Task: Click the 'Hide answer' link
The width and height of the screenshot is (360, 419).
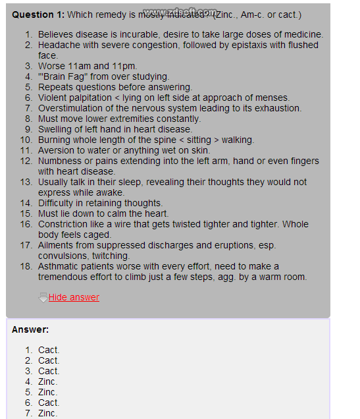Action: point(74,297)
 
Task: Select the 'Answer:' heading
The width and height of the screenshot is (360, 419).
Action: point(30,329)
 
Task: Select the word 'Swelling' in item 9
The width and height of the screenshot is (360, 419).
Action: point(57,129)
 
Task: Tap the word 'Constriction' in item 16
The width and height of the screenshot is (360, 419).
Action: point(64,224)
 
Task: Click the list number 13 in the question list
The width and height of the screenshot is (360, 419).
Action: point(26,182)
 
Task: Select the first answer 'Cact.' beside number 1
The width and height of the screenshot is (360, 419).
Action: point(49,350)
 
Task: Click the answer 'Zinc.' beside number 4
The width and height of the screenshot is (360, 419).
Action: point(48,381)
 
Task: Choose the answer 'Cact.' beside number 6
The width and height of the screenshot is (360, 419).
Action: point(49,403)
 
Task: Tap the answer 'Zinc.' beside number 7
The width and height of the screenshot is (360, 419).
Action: point(48,413)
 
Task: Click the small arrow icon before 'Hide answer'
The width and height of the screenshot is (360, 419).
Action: point(43,298)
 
